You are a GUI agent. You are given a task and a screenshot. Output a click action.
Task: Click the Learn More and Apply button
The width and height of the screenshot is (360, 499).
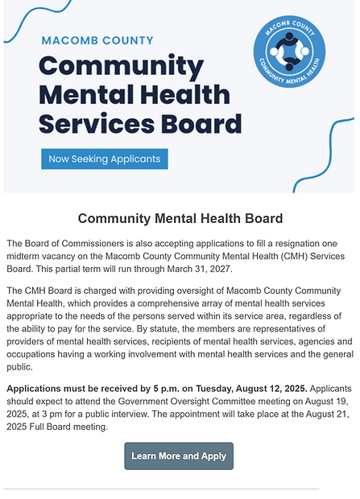tap(179, 456)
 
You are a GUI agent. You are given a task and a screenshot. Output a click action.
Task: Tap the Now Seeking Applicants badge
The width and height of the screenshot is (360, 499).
tap(104, 159)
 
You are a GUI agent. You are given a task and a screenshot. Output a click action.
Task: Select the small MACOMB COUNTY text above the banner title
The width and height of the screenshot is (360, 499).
tap(97, 40)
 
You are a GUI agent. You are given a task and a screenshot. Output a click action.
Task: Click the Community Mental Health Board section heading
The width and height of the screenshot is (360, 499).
tap(180, 218)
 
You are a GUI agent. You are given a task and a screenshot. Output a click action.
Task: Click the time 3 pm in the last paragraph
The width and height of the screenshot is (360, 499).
tap(62, 414)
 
